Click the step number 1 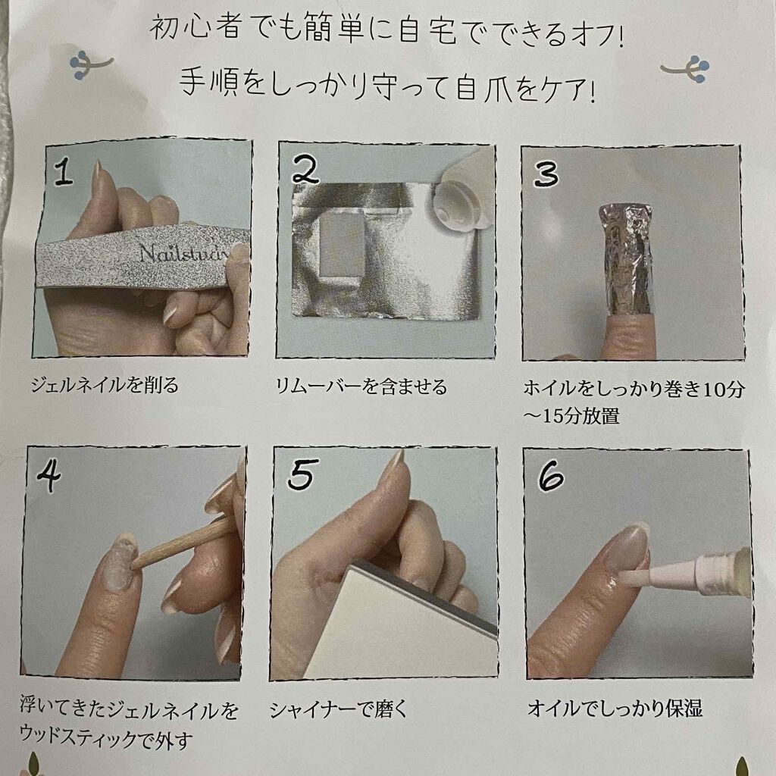(64, 174)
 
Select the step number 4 (49, 475)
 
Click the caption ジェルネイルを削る (105, 386)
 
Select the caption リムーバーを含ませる (361, 386)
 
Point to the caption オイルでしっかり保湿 (615, 709)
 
